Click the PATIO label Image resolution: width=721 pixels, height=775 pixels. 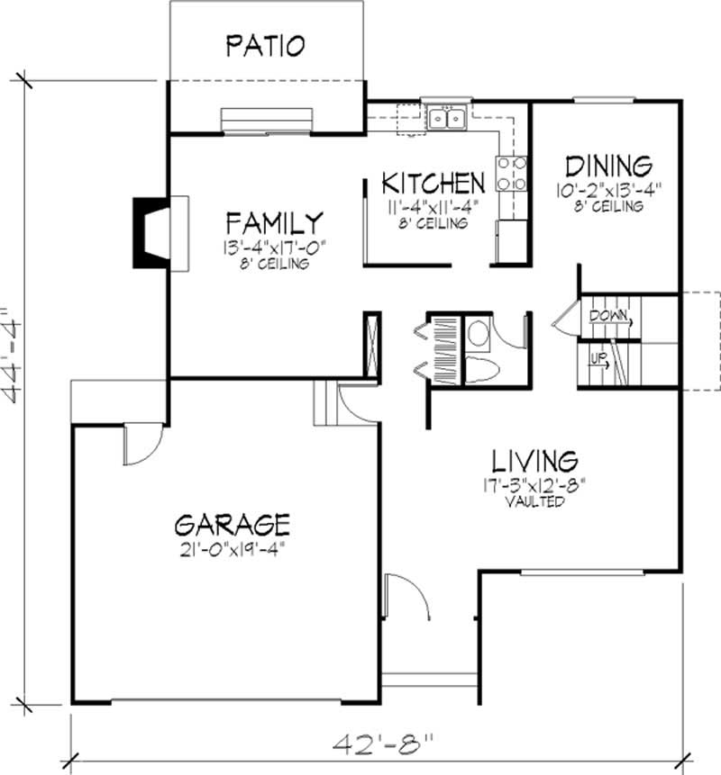click(x=265, y=44)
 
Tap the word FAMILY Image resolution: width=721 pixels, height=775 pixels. click(x=275, y=221)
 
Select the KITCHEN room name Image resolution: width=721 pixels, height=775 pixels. click(x=433, y=183)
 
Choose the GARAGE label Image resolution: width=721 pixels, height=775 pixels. click(x=233, y=523)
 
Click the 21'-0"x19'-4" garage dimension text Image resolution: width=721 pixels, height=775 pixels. click(x=233, y=546)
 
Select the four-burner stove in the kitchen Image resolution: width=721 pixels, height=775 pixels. click(x=510, y=173)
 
